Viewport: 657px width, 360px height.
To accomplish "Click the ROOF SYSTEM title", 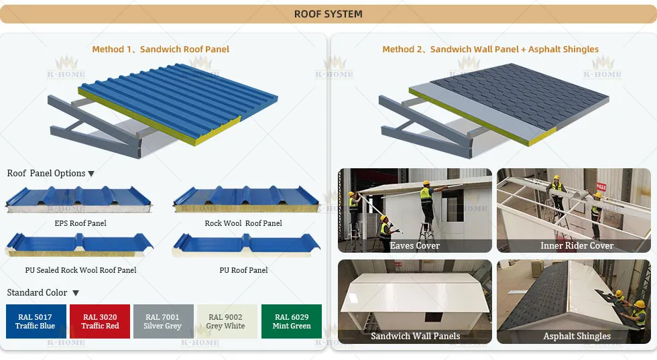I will [328, 14].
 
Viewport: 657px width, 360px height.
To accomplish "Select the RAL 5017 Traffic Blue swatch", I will [36, 322].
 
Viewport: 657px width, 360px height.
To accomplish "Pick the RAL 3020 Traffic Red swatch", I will [100, 322].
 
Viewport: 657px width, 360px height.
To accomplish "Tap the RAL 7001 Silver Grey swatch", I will [163, 322].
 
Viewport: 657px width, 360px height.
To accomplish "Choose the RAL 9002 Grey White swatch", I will [225, 322].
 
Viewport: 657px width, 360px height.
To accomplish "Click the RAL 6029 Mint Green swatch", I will [292, 322].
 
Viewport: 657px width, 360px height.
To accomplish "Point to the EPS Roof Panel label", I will [80, 223].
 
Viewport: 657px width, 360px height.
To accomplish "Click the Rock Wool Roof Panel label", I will [243, 223].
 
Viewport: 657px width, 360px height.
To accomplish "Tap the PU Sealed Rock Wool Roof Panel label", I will [80, 270].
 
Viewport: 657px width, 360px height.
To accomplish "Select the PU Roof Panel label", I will [243, 270].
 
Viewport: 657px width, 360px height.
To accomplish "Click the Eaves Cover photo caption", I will [415, 246].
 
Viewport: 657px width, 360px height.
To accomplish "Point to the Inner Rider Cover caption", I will [577, 246].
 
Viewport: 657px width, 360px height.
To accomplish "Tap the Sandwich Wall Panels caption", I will [415, 336].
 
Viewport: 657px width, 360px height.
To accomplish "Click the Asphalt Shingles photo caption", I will [577, 336].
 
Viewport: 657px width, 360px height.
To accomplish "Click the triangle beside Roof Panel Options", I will [91, 174].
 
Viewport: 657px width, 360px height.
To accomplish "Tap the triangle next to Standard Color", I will [76, 293].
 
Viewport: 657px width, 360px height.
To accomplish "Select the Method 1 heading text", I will [161, 49].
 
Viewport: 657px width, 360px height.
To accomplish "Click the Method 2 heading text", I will [490, 49].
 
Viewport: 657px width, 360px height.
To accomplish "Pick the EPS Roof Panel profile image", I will [79, 200].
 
